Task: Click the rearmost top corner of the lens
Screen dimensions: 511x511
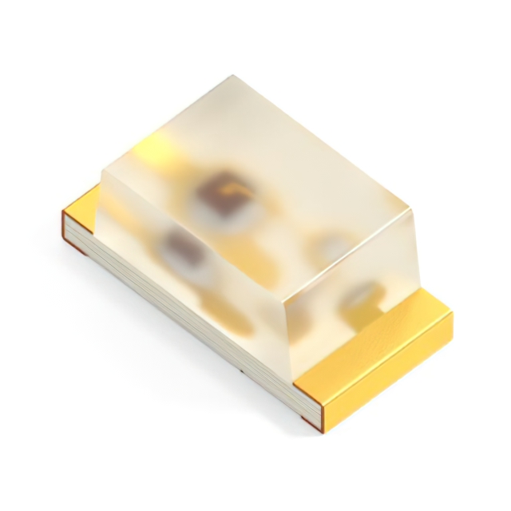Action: tap(232, 77)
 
